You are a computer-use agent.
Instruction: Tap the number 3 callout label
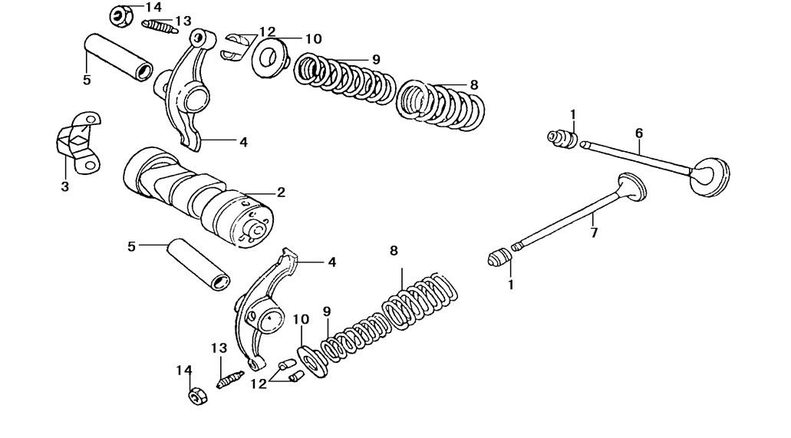tap(64, 186)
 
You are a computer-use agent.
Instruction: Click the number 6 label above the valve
tap(638, 133)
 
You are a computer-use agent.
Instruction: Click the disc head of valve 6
tap(711, 178)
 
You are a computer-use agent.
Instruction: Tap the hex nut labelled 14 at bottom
tap(196, 397)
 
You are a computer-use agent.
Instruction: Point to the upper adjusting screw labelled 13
tap(160, 27)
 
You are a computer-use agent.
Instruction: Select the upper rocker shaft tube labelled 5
tap(117, 55)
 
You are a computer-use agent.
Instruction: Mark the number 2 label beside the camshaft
tap(281, 193)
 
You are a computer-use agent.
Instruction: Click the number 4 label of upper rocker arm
tap(243, 142)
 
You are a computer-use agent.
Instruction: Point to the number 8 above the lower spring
tap(394, 251)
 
